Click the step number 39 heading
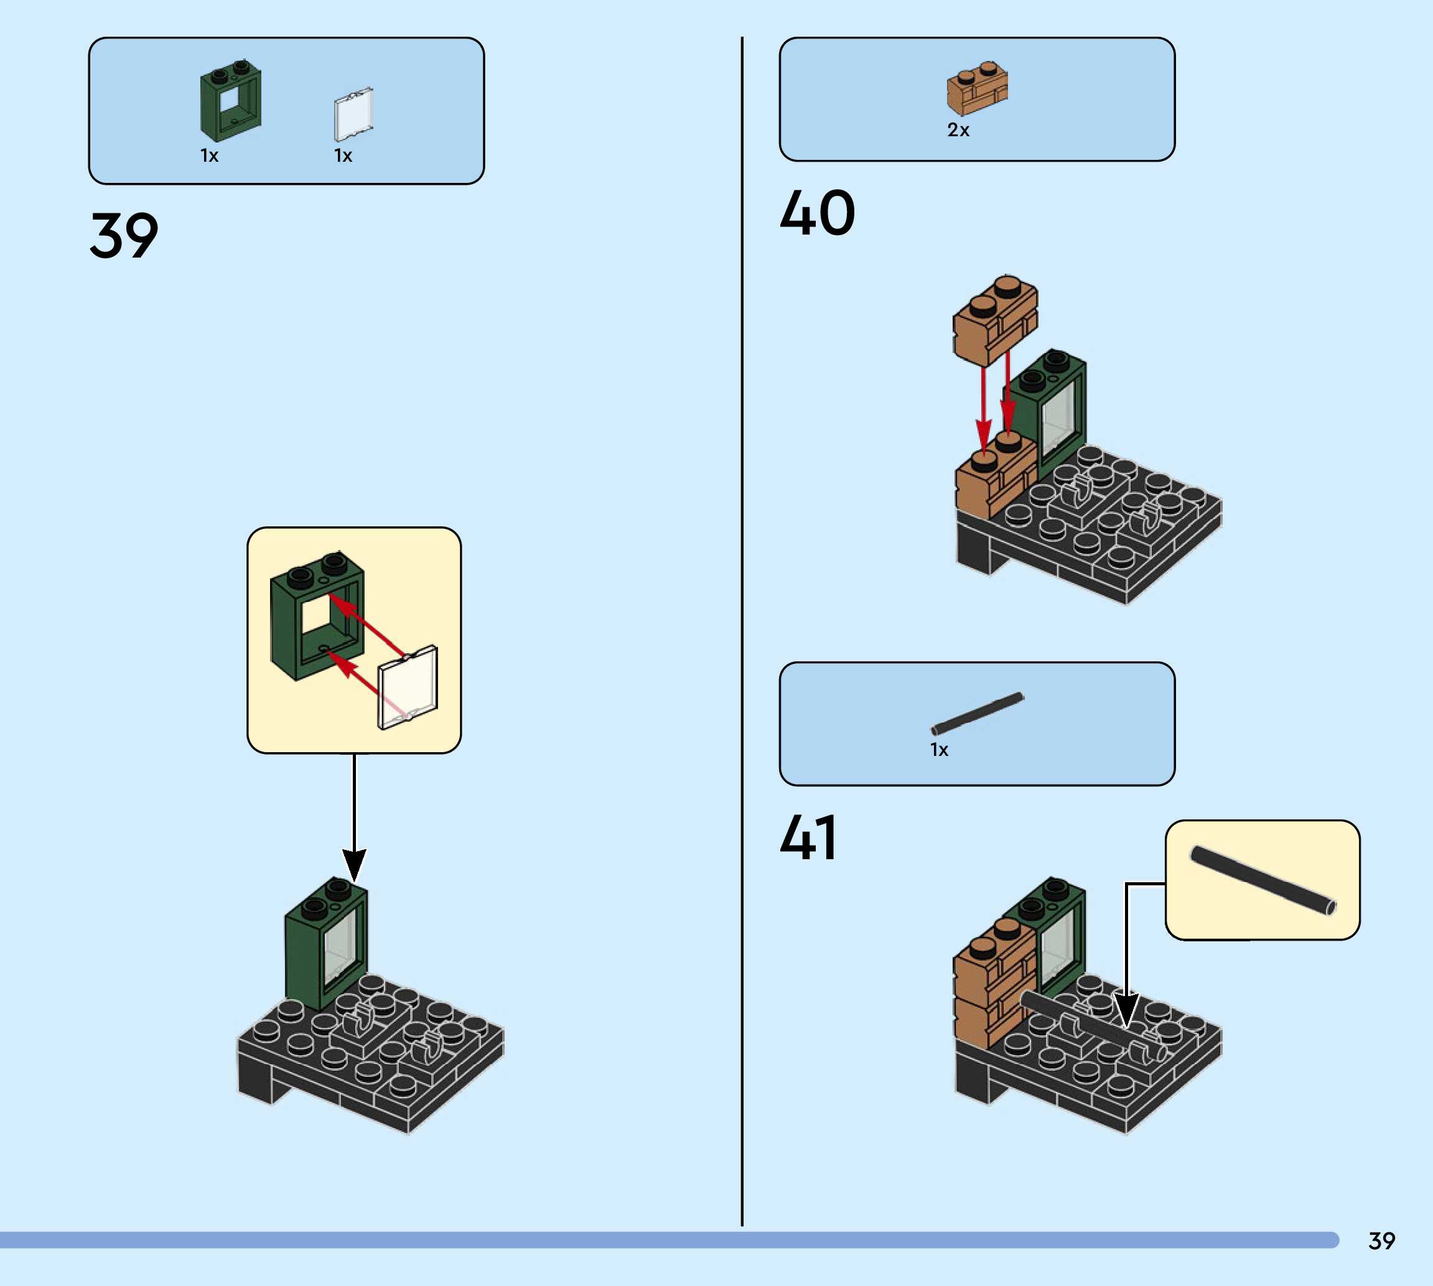click(x=124, y=235)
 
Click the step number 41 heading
click(x=808, y=837)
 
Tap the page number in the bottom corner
click(x=1381, y=1241)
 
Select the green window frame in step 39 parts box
click(x=230, y=101)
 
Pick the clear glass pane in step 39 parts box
click(x=353, y=114)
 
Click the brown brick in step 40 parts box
click(x=978, y=88)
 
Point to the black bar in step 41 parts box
click(x=978, y=714)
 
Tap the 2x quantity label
click(x=958, y=130)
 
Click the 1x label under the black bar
click(x=939, y=750)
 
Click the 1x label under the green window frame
click(x=209, y=156)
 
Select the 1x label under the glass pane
click(x=343, y=156)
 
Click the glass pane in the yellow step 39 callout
click(x=408, y=687)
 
